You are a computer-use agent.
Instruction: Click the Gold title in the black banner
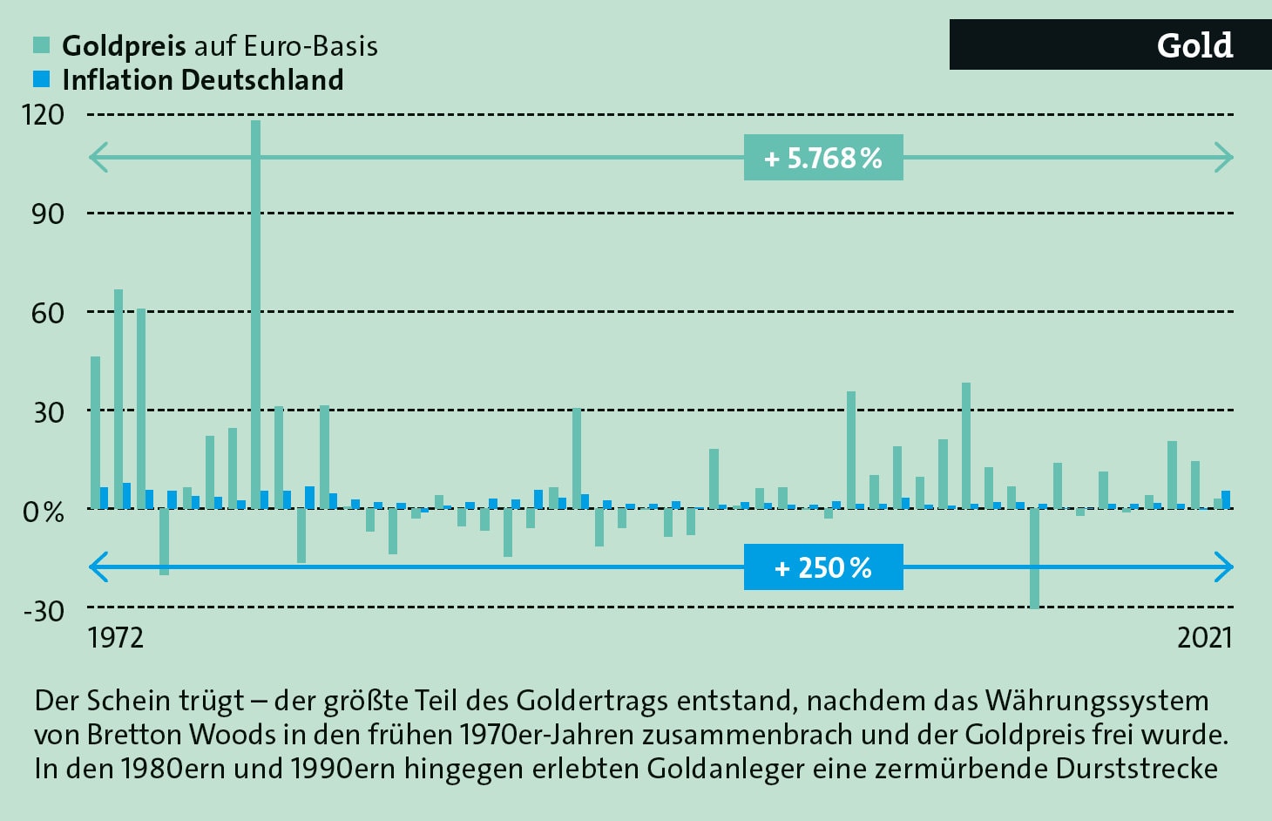tap(1194, 45)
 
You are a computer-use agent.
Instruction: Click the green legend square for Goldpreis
tap(41, 45)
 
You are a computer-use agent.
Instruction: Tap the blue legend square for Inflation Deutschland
tap(41, 79)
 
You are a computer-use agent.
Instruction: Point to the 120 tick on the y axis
tap(44, 114)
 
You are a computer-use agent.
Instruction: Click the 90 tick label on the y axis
tap(48, 214)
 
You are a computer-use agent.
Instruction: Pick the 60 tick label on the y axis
tap(48, 313)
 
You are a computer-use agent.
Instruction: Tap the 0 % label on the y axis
tap(44, 512)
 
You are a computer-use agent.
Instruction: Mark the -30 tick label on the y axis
tap(44, 610)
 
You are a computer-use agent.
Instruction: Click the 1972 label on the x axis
tap(115, 638)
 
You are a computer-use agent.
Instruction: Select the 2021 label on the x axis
tap(1205, 638)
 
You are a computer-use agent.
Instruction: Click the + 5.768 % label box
tap(822, 158)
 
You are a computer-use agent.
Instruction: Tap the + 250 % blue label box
tap(822, 567)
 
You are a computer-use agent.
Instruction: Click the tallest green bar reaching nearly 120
tap(255, 314)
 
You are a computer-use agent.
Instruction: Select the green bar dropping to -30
tap(1034, 558)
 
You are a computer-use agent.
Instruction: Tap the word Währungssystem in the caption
tap(1097, 701)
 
